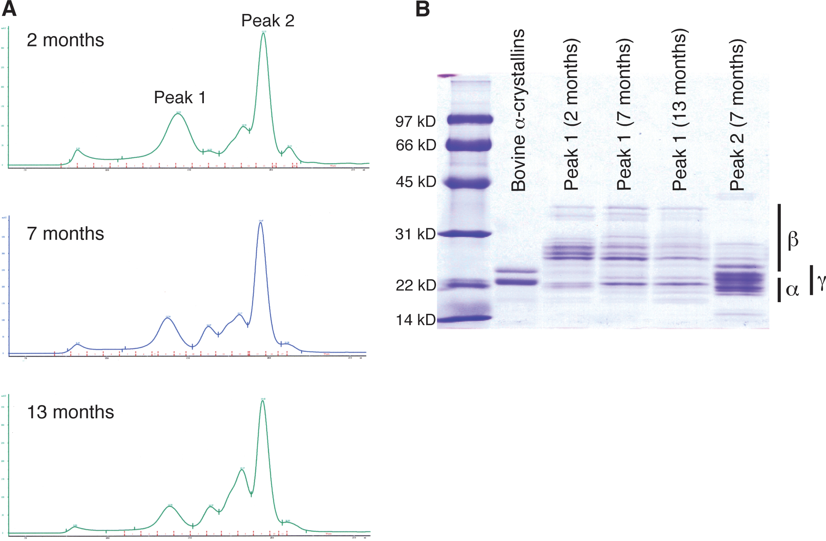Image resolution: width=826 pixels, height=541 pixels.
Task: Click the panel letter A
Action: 9,9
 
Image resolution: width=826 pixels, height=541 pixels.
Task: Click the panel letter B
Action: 422,9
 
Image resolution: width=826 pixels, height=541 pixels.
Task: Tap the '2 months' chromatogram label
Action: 65,40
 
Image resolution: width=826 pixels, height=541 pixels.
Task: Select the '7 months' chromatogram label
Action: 65,234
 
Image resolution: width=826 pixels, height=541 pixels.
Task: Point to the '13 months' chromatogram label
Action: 70,412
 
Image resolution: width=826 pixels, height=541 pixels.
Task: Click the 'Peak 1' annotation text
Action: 180,98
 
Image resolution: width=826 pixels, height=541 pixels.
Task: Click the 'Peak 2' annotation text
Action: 268,21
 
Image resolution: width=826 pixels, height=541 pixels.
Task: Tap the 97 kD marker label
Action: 415,121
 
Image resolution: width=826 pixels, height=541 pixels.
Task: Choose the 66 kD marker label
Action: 416,145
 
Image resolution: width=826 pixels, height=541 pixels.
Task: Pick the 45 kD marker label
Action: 416,182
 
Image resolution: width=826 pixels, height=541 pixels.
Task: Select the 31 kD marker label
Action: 415,234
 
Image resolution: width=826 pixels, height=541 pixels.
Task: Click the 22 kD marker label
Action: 416,285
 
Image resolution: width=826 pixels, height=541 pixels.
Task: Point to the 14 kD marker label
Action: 415,320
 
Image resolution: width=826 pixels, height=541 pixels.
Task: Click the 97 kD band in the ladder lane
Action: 470,120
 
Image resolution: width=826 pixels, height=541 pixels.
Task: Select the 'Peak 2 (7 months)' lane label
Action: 737,115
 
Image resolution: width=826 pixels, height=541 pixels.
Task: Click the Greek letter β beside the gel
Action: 793,239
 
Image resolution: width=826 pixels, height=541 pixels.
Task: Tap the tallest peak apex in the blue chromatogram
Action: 260,223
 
